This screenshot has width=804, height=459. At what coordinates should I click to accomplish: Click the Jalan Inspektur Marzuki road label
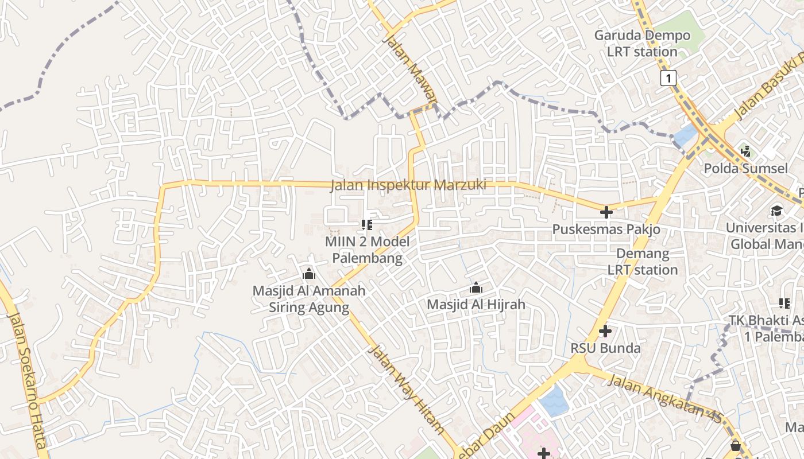pyautogui.click(x=408, y=185)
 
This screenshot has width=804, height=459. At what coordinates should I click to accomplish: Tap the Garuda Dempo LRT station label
pyautogui.click(x=642, y=44)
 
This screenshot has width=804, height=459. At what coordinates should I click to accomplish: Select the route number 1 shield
pyautogui.click(x=668, y=77)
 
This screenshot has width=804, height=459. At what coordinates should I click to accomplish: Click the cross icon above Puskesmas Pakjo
pyautogui.click(x=606, y=212)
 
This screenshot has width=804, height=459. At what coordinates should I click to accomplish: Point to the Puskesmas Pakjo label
pyautogui.click(x=606, y=229)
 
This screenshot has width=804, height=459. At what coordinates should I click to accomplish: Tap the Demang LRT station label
pyautogui.click(x=643, y=262)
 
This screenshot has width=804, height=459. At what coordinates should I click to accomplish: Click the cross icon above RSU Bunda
pyautogui.click(x=605, y=331)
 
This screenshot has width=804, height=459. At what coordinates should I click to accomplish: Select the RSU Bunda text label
pyautogui.click(x=605, y=348)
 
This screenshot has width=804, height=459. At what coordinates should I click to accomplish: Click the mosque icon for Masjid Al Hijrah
pyautogui.click(x=476, y=287)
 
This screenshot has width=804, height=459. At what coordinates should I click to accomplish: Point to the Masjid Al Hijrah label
pyautogui.click(x=476, y=305)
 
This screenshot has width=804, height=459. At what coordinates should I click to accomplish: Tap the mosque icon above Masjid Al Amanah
pyautogui.click(x=309, y=274)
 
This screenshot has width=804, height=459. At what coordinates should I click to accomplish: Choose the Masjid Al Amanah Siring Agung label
pyautogui.click(x=309, y=299)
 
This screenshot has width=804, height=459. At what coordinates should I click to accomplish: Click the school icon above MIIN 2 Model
pyautogui.click(x=367, y=224)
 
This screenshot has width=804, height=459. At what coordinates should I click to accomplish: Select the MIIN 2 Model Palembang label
pyautogui.click(x=368, y=250)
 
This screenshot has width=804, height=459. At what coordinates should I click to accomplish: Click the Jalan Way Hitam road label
pyautogui.click(x=406, y=389)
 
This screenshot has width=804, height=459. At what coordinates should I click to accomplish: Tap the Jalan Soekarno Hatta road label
pyautogui.click(x=27, y=382)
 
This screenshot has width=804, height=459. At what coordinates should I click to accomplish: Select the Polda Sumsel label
pyautogui.click(x=746, y=169)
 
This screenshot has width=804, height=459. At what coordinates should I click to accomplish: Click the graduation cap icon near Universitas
pyautogui.click(x=776, y=211)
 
